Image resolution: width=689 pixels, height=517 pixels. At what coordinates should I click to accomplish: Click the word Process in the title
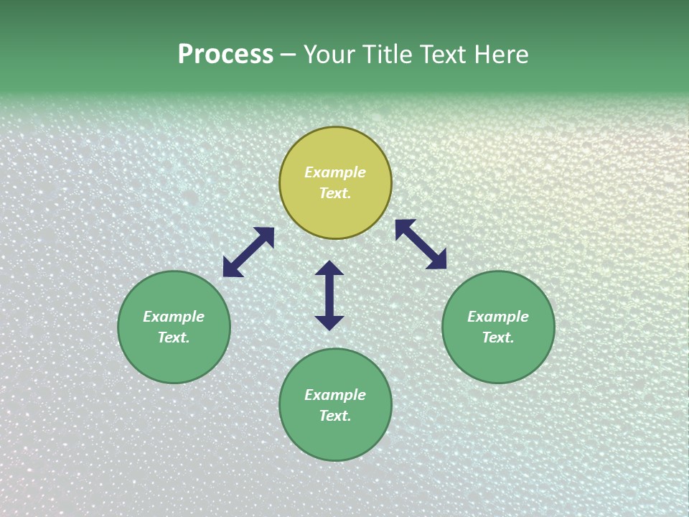pos(225,55)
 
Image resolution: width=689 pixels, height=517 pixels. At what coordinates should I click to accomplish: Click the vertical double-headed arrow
pos(329,295)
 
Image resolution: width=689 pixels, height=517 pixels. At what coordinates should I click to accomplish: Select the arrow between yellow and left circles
pos(248,252)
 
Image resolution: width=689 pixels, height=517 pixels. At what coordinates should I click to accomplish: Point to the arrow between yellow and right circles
pos(421,244)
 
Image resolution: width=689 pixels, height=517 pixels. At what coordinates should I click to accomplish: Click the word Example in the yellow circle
pos(335,172)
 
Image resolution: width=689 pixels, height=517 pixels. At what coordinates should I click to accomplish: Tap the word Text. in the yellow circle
pos(335,193)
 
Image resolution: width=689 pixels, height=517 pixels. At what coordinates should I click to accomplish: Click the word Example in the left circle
pos(174,317)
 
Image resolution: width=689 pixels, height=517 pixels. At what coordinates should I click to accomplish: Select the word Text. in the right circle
pos(498,337)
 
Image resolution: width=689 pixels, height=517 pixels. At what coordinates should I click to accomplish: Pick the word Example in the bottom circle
pos(335,395)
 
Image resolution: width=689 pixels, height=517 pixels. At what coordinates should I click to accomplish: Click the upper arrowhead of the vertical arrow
pos(329,269)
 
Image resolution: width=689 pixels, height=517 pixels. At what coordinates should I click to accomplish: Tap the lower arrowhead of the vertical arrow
pos(329,322)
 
